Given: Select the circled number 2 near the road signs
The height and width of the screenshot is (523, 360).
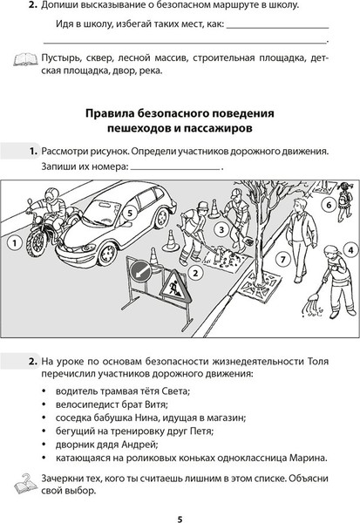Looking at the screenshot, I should point(197,271).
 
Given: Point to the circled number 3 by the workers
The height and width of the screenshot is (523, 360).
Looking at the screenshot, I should point(222,230).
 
